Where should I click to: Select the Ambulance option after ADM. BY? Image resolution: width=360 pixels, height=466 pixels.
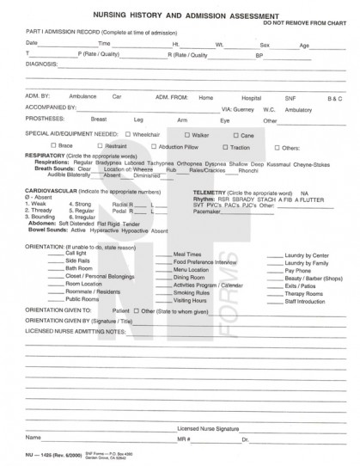83,98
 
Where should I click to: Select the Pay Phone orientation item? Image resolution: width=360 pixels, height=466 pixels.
296,270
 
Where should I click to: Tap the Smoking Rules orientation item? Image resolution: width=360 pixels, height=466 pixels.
192,291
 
